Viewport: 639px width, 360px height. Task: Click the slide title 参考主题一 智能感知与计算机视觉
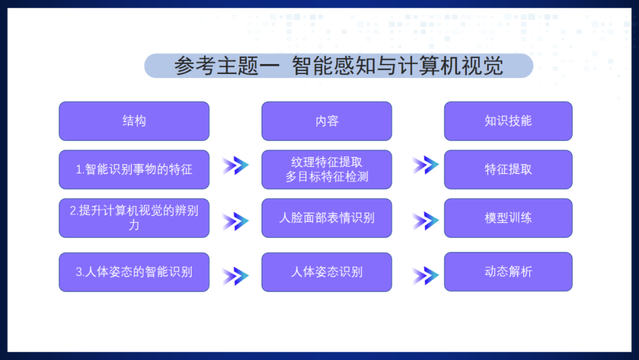tap(338, 66)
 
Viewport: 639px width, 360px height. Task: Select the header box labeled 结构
tap(134, 121)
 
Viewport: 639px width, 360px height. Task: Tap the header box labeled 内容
tap(327, 121)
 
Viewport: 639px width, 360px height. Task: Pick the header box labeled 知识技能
tap(508, 121)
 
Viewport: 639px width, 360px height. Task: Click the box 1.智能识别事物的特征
tap(134, 169)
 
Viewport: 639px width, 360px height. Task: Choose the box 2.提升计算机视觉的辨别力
tap(134, 218)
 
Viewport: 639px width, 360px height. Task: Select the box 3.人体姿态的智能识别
tap(134, 272)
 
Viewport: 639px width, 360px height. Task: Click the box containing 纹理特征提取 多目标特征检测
tap(327, 169)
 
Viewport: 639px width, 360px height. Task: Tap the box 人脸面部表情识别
tap(327, 218)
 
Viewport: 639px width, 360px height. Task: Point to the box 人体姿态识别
tap(327, 272)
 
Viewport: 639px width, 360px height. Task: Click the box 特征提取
tap(508, 169)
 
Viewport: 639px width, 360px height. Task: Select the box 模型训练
tap(508, 218)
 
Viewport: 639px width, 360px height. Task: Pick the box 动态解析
tap(508, 272)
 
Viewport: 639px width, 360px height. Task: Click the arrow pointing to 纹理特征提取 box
tap(235, 166)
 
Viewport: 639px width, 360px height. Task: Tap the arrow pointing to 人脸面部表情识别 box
tap(235, 221)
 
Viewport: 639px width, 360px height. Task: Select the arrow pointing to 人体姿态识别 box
tap(235, 276)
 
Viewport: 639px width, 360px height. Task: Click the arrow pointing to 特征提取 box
tap(425, 165)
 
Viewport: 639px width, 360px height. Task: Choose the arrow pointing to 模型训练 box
tap(425, 221)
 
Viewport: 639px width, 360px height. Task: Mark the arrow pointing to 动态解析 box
tap(425, 276)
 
